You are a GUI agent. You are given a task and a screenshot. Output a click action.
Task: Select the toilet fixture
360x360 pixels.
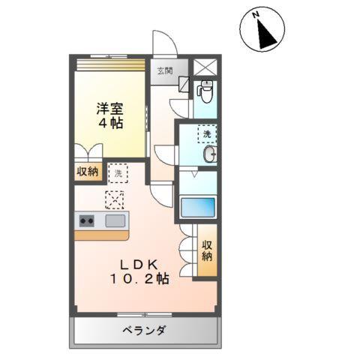pos(204,93)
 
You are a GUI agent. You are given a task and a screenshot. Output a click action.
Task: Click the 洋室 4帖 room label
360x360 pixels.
pos(109,113)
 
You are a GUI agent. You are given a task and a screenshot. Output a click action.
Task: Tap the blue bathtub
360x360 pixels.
pos(198,206)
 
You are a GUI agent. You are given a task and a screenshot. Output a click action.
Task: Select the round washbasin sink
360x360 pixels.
pos(212,155)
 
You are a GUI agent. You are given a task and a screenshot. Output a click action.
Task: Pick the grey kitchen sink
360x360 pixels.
pos(115,220)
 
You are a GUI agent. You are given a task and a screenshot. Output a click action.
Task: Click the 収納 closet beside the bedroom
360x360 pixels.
pos(88,172)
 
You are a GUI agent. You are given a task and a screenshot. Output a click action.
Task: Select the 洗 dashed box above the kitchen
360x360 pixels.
pos(118,172)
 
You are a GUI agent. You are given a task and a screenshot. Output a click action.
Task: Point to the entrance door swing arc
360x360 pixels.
pos(164,43)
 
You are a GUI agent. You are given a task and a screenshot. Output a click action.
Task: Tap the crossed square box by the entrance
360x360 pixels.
pos(205,66)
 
